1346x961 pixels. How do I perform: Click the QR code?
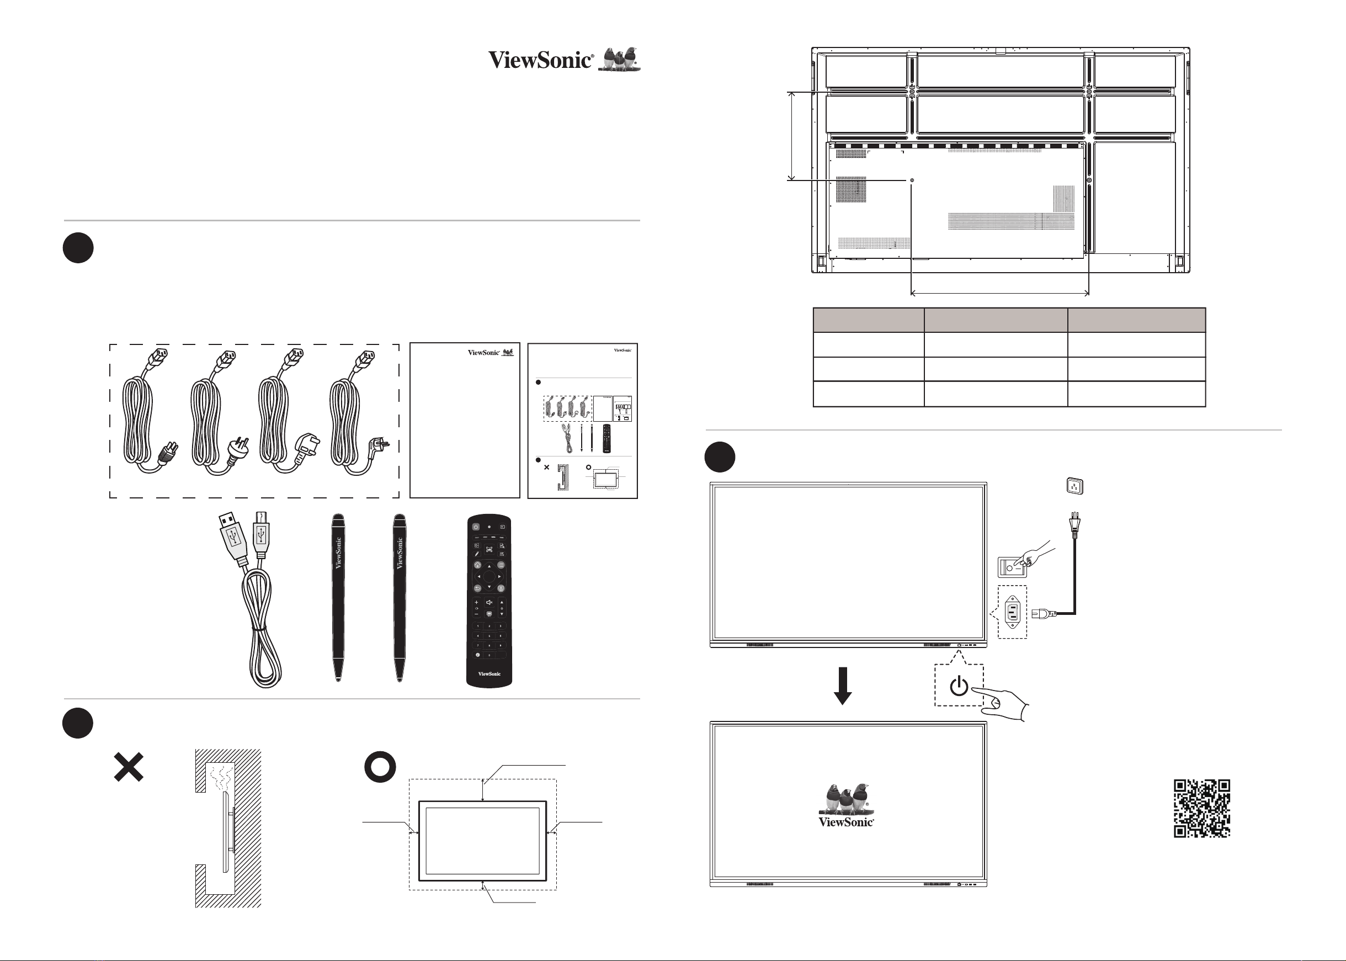1201,808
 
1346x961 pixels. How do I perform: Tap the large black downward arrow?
843,686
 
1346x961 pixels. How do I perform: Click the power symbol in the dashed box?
959,687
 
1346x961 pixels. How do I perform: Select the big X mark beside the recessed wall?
129,767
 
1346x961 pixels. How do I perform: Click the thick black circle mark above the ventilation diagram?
380,767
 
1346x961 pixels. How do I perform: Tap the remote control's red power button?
476,527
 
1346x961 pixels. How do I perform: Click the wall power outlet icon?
1074,486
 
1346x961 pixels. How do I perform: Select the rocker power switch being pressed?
1012,567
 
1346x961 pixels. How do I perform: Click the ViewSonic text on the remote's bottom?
490,674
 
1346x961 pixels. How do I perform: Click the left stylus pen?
338,598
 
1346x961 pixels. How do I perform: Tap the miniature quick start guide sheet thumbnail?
582,421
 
